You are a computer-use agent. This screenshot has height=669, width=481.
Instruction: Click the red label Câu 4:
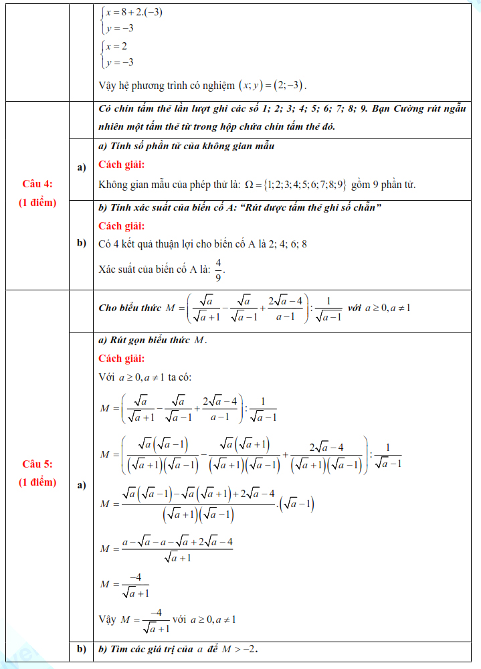[x=37, y=184]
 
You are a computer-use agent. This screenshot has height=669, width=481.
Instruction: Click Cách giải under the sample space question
[x=121, y=165]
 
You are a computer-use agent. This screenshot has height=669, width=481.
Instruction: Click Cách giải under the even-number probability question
[x=121, y=226]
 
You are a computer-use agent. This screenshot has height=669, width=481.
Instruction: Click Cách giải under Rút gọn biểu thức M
[x=121, y=359]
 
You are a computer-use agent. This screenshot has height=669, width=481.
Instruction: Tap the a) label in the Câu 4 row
[x=82, y=167]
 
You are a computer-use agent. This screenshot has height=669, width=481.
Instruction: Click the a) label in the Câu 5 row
[x=82, y=485]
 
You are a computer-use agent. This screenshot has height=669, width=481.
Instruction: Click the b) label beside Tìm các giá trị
[x=82, y=649]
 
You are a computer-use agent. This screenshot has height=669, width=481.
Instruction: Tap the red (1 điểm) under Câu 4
[x=37, y=202]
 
